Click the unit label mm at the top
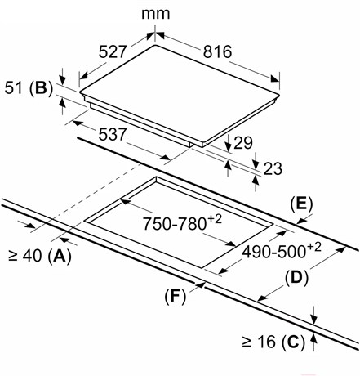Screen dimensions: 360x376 tap(156, 14)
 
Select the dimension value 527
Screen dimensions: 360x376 tap(113, 51)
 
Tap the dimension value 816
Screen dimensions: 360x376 tap(217, 51)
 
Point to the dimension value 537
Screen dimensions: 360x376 tap(113, 134)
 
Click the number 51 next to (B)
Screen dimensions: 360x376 tap(14, 88)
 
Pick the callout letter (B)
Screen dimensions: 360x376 tap(41, 89)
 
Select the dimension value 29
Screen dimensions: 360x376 tap(243, 143)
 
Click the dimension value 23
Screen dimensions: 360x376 tap(273, 168)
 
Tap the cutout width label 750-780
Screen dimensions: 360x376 tap(174, 224)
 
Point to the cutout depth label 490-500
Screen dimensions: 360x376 tap(273, 252)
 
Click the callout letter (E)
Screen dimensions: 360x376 tap(301, 204)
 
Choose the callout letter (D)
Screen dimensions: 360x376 tap(296, 279)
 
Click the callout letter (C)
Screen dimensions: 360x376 tap(293, 342)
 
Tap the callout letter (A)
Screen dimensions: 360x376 tap(60, 256)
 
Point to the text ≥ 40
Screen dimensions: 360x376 tap(25, 256)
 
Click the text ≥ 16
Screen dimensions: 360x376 tap(259, 342)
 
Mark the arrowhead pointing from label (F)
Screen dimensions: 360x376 tap(201, 284)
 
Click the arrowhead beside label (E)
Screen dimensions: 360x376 tap(301, 221)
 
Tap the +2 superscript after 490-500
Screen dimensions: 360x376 tap(313, 247)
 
